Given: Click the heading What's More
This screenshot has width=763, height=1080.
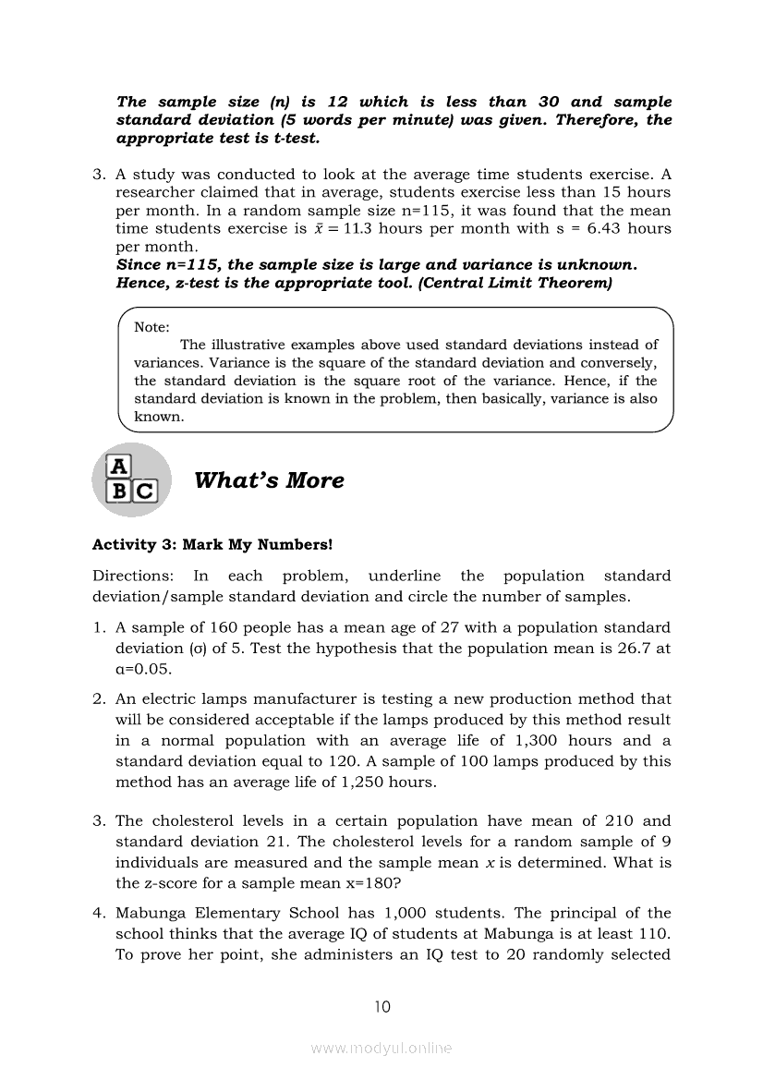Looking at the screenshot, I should (x=269, y=480).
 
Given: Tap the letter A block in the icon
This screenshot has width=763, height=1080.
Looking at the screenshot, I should (x=119, y=466).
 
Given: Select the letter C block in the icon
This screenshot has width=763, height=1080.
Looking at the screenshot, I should (x=145, y=491).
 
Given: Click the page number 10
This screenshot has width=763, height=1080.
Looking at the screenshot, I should (x=381, y=1007).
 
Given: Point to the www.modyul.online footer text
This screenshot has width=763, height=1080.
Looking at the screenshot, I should (x=381, y=1048).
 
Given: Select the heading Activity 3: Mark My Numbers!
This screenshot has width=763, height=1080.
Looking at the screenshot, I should (x=212, y=545).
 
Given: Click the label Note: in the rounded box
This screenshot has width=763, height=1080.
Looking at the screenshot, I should (x=151, y=327).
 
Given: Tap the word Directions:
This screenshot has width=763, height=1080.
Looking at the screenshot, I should (x=132, y=576).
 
